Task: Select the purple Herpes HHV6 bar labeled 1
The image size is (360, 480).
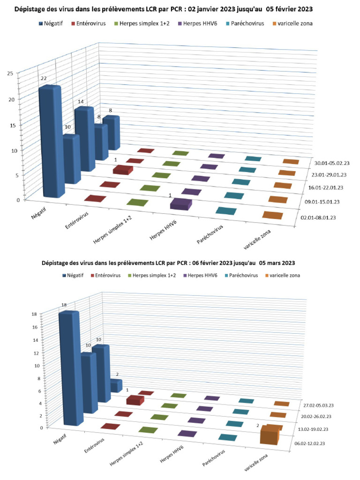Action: [x=180, y=204]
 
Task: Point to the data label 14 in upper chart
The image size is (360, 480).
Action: [x=81, y=102]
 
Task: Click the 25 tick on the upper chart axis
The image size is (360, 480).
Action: [x=9, y=73]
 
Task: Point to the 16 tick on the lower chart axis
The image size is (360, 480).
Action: [x=35, y=327]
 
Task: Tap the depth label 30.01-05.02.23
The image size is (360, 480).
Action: [x=335, y=163]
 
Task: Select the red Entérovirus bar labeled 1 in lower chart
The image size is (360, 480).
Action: [x=135, y=400]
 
